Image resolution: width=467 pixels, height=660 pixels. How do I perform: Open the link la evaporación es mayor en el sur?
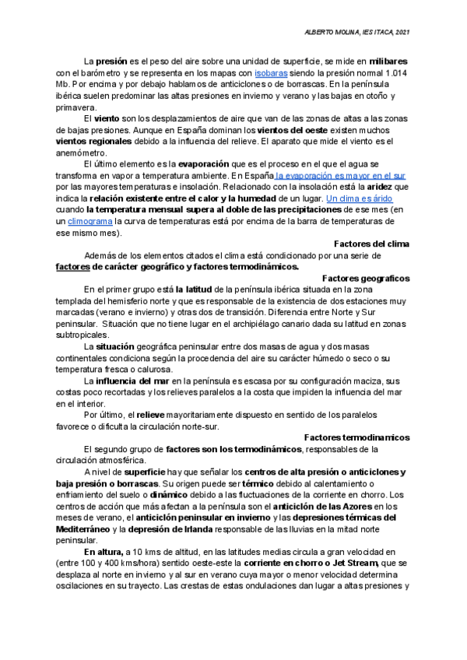(339, 176)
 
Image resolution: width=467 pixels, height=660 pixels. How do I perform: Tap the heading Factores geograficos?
(366, 278)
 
